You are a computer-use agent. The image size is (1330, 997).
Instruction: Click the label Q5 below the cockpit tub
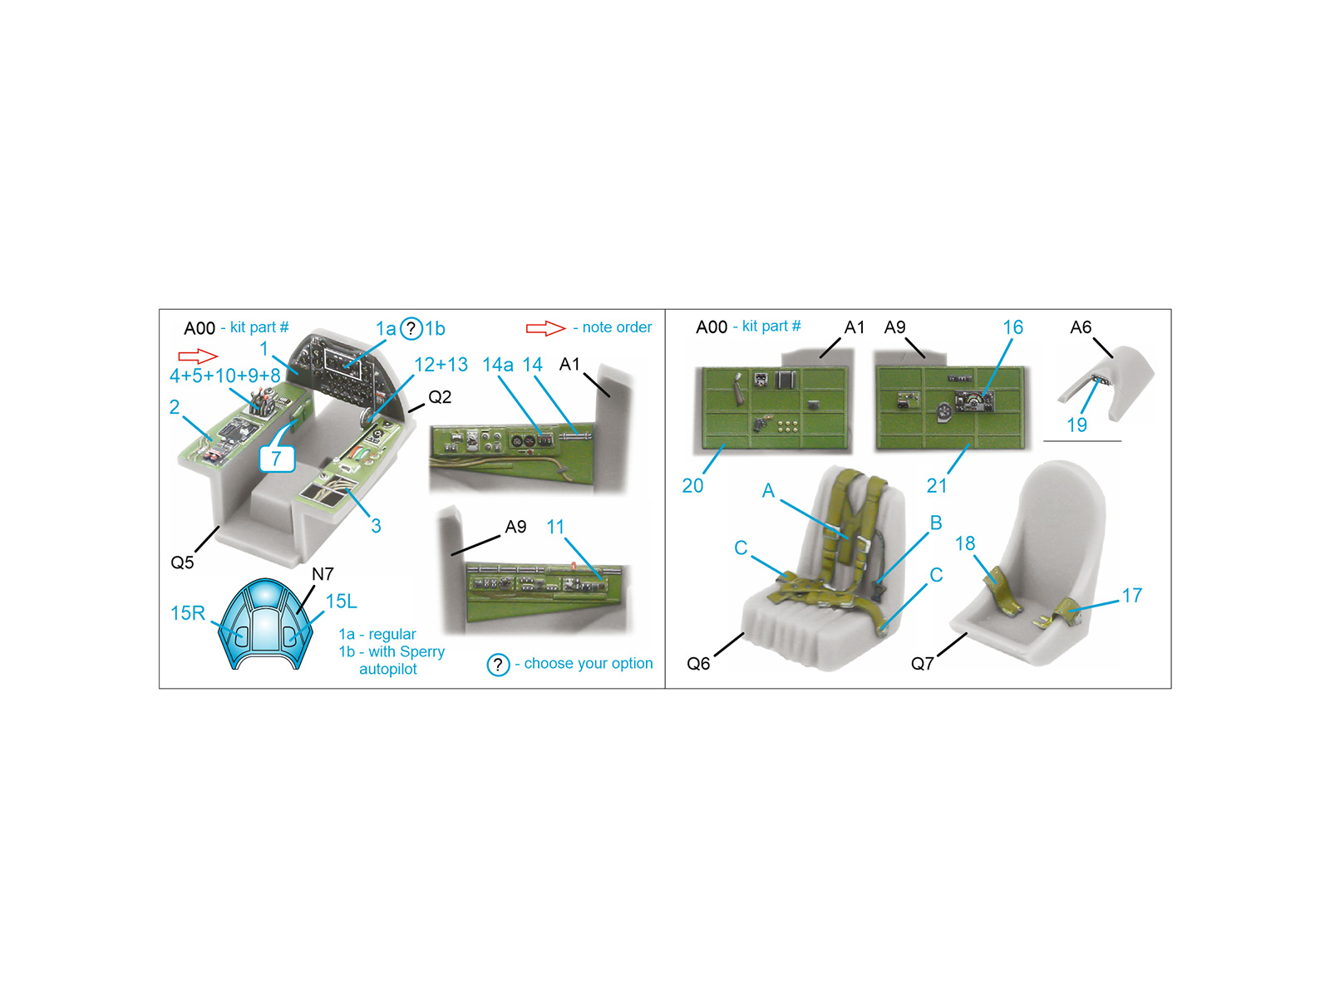pyautogui.click(x=182, y=562)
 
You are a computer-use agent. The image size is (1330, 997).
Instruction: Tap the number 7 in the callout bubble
pyautogui.click(x=276, y=459)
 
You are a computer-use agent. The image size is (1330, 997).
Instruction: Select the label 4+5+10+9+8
pyautogui.click(x=224, y=376)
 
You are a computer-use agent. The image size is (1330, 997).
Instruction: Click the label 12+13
pyautogui.click(x=441, y=365)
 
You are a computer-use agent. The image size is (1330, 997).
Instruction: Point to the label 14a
pyautogui.click(x=497, y=365)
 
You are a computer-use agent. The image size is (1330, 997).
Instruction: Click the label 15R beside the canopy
pyautogui.click(x=188, y=613)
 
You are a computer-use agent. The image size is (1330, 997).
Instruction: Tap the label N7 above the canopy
pyautogui.click(x=323, y=574)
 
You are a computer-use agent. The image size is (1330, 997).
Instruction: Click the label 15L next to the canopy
pyautogui.click(x=341, y=601)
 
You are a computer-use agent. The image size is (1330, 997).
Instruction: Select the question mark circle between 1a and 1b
pyautogui.click(x=411, y=329)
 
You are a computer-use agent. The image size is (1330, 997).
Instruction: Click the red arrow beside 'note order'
pyautogui.click(x=545, y=328)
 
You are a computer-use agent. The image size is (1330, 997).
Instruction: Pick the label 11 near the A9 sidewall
pyautogui.click(x=555, y=527)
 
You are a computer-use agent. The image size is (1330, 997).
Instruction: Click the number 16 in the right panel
pyautogui.click(x=1012, y=327)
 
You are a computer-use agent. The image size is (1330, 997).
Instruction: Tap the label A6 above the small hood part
pyautogui.click(x=1081, y=327)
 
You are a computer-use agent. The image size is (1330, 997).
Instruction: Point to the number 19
pyautogui.click(x=1076, y=425)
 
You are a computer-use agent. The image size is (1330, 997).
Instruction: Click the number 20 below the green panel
pyautogui.click(x=692, y=485)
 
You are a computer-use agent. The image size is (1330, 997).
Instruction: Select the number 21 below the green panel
pyautogui.click(x=937, y=485)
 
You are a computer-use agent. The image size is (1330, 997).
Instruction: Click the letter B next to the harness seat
pyautogui.click(x=935, y=523)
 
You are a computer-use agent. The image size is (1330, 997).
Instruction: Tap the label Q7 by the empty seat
pyautogui.click(x=922, y=664)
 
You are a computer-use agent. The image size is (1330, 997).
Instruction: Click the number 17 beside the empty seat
pyautogui.click(x=1132, y=596)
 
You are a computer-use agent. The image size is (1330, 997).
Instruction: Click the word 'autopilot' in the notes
pyautogui.click(x=388, y=669)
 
